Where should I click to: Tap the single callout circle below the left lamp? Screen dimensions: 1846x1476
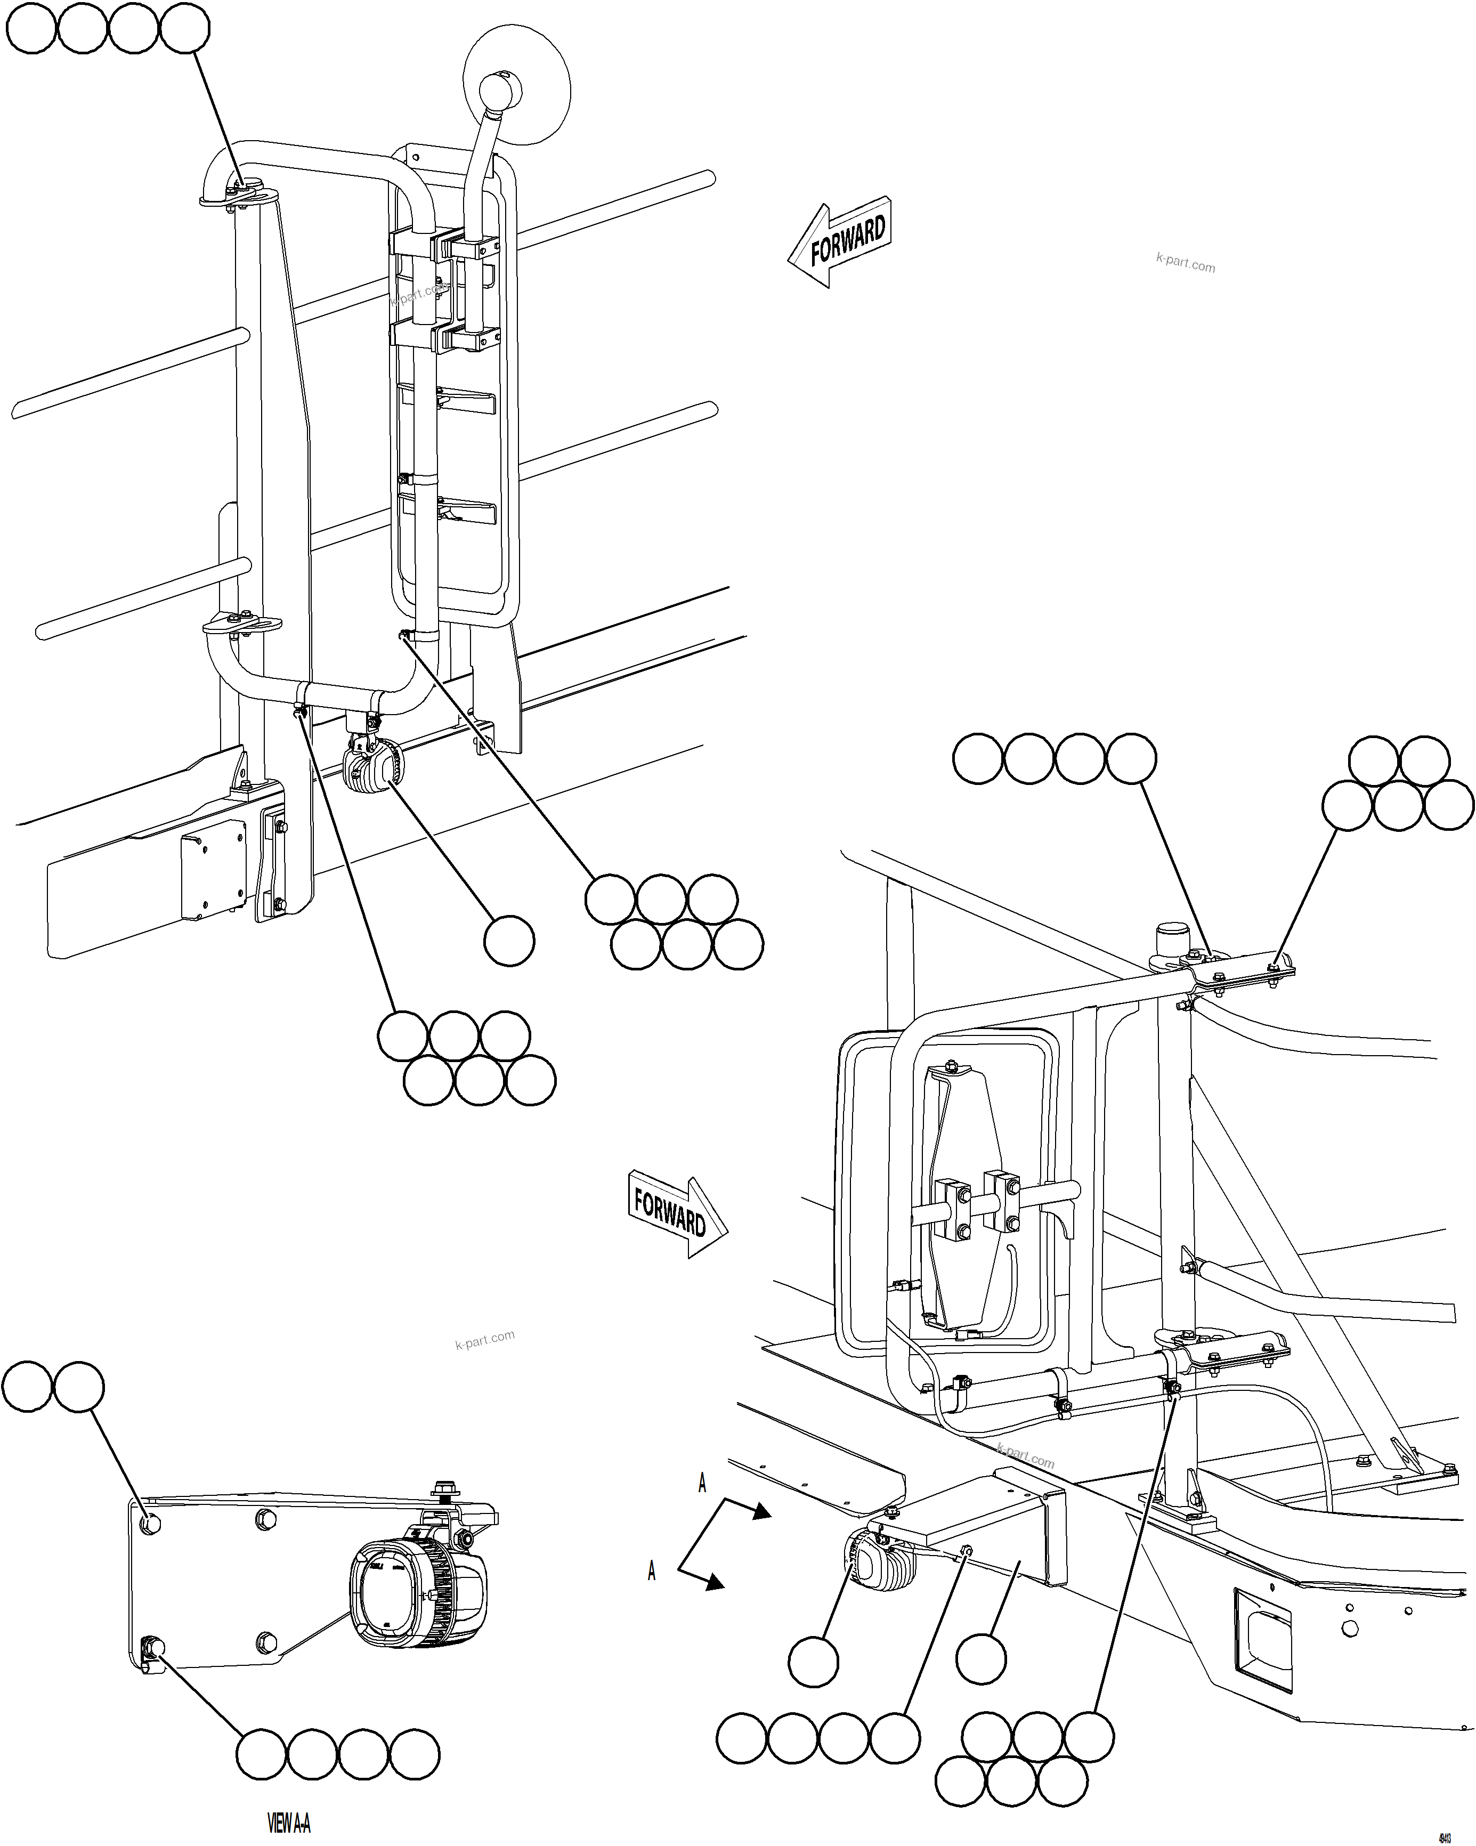(x=508, y=942)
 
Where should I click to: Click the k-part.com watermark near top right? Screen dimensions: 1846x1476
(x=1185, y=263)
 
